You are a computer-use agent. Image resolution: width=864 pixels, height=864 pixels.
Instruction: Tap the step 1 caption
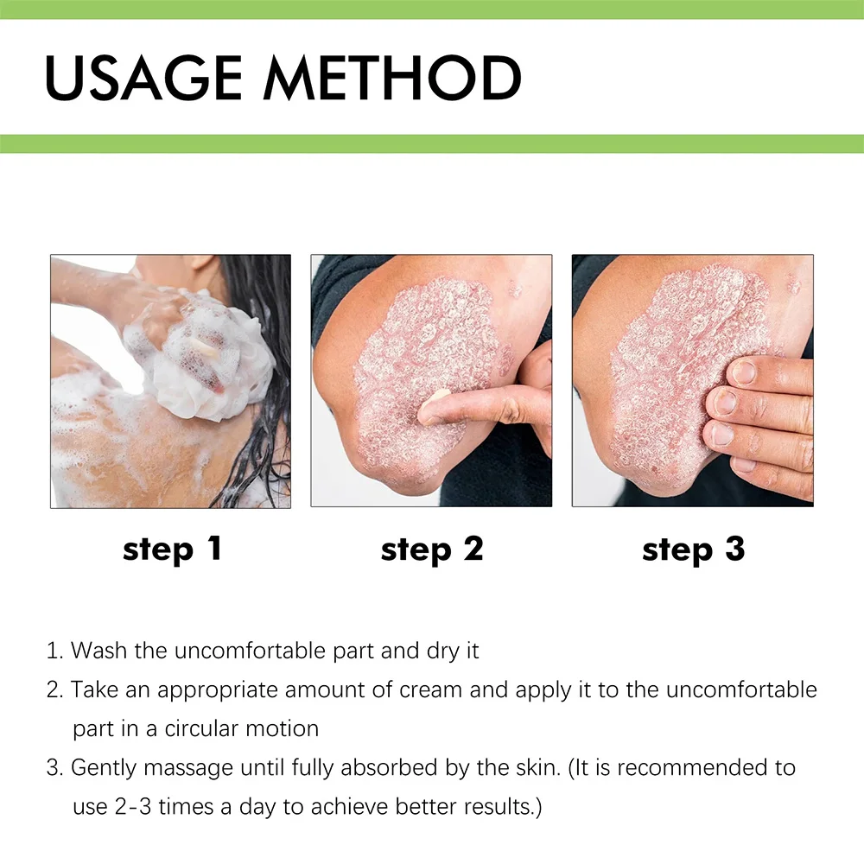(172, 550)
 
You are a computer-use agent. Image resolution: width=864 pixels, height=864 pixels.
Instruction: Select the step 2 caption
(431, 550)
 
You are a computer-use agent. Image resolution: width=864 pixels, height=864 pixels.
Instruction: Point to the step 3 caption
(693, 550)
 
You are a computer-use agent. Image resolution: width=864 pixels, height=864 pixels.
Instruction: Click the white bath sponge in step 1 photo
(207, 354)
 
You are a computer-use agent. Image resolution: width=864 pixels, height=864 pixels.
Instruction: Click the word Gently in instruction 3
(103, 768)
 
